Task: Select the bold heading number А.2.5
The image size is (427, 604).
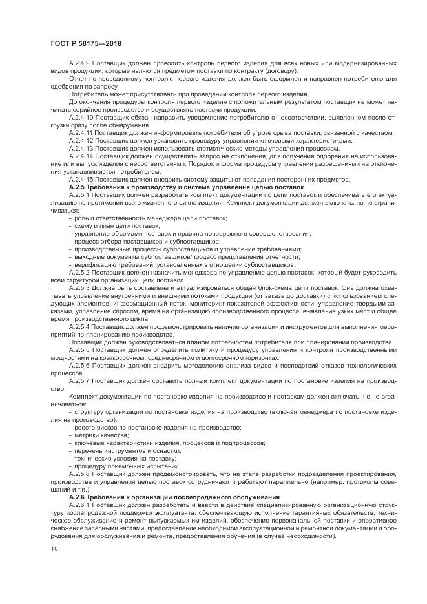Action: point(78,186)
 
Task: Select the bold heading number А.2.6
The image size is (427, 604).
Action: point(78,496)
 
